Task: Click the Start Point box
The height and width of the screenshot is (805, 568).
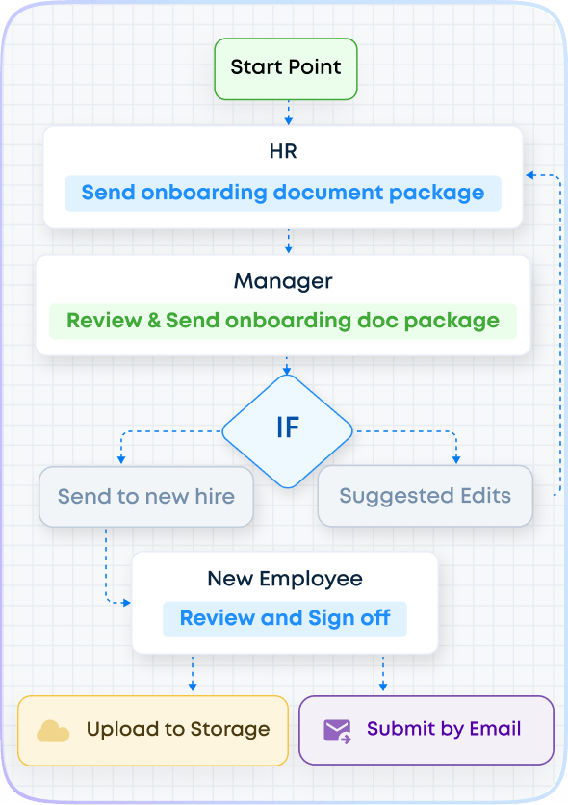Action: point(286,68)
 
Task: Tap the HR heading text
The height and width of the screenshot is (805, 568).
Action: point(283,151)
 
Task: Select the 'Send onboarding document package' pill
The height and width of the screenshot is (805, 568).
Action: point(283,193)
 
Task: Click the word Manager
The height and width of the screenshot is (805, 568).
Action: point(283,281)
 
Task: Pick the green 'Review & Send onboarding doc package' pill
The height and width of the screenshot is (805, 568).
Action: point(283,321)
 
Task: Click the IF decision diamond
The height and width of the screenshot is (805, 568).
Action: point(287,431)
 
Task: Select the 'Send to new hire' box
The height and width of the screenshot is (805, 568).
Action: point(146,497)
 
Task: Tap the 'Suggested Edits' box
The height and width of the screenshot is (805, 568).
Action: point(426,496)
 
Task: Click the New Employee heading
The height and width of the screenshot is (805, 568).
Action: point(285,579)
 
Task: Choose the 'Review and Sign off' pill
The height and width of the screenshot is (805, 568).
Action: point(285,618)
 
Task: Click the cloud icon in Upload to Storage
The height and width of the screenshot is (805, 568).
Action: point(53,731)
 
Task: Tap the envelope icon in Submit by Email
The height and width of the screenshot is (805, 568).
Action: point(337,731)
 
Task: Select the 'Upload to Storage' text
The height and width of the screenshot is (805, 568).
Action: point(178,730)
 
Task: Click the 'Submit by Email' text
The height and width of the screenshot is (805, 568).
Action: point(444,729)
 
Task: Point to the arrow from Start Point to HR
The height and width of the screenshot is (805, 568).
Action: point(289,113)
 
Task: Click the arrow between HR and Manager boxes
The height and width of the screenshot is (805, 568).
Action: point(289,241)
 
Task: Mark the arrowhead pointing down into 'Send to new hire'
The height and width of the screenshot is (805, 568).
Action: point(121,459)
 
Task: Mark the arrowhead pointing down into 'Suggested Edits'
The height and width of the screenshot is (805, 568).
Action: point(456,459)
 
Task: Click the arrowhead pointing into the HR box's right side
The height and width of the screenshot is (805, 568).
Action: point(530,175)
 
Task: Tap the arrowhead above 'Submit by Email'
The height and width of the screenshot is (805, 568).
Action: point(383,687)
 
